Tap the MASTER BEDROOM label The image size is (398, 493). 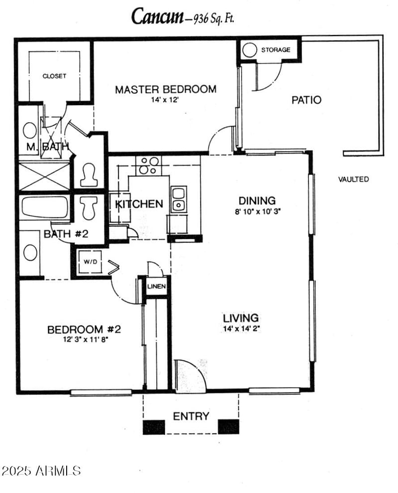166,90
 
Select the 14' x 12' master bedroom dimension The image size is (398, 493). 165,100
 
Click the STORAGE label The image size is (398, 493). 276,50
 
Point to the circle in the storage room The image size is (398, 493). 250,50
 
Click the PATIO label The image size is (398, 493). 306,100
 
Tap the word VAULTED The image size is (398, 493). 353,179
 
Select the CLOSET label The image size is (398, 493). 54,76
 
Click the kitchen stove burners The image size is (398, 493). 149,165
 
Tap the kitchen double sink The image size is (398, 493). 178,198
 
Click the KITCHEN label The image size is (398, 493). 139,204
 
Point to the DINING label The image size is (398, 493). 257,201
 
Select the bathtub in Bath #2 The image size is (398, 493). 45,207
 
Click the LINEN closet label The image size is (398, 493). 156,287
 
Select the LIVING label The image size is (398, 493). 241,318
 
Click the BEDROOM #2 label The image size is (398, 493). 84,329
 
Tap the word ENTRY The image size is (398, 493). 191,416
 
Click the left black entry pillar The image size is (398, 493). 154,427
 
